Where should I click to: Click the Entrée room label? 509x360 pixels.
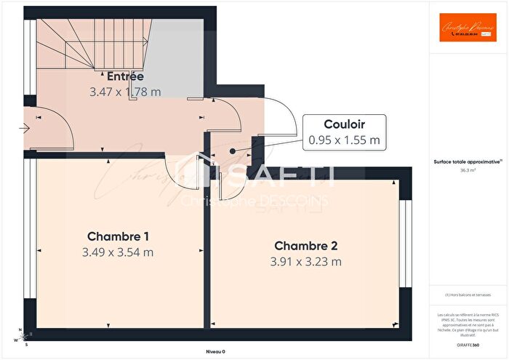(x=125, y=76)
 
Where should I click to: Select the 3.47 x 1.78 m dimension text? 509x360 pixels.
(x=125, y=92)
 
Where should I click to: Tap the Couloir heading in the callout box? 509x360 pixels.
(x=344, y=124)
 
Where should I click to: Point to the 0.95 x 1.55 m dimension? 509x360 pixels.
(x=344, y=140)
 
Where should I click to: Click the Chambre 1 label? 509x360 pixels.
(x=119, y=236)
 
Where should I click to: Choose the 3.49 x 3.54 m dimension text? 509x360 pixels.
(x=119, y=252)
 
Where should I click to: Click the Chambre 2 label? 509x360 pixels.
(x=305, y=246)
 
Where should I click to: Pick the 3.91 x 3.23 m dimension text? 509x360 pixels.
(x=305, y=262)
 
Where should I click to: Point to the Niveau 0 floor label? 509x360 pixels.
(x=215, y=351)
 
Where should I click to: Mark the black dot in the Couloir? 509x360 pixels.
(x=232, y=151)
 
